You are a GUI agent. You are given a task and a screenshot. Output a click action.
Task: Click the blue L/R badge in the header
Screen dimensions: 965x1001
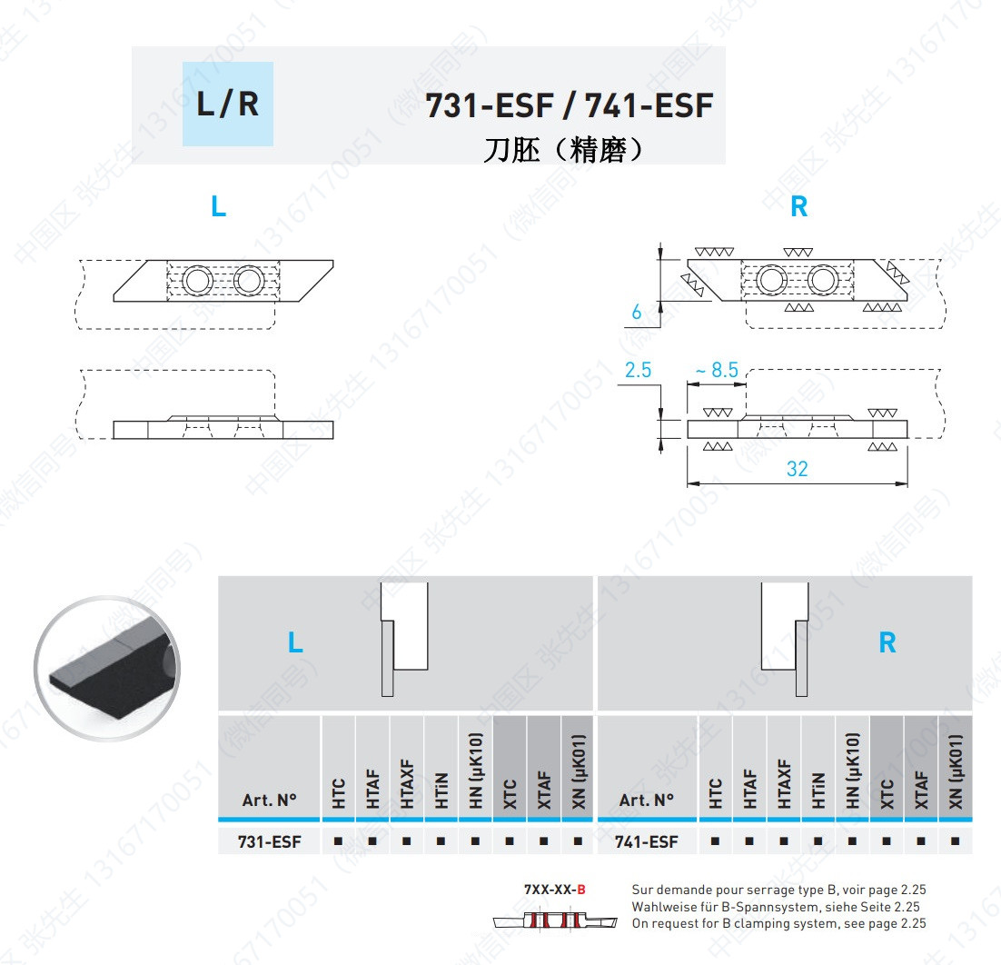(227, 104)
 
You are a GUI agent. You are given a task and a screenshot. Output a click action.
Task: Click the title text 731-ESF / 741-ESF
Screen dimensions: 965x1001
(570, 106)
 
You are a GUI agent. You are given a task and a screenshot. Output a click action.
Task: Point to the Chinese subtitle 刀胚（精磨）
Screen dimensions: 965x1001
(564, 149)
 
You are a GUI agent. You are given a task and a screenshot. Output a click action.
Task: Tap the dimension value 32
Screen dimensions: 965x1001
(797, 469)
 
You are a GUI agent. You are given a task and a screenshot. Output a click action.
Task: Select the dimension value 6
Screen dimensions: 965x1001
(636, 313)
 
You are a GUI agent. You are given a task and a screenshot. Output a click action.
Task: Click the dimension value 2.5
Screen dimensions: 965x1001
(639, 370)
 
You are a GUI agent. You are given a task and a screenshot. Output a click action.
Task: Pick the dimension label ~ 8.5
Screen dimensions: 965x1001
(716, 370)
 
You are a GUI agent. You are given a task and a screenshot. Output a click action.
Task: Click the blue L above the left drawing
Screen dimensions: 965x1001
(218, 207)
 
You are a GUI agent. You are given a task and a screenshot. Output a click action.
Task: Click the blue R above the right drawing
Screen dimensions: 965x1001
(798, 207)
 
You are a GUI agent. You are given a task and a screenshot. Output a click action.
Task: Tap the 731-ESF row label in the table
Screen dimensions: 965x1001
(269, 841)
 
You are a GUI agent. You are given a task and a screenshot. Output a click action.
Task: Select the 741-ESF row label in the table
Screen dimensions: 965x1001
(646, 841)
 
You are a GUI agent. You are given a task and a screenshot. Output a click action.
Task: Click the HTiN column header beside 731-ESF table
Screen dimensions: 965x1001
(441, 790)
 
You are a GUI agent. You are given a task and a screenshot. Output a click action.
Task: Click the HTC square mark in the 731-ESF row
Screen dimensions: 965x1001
(338, 841)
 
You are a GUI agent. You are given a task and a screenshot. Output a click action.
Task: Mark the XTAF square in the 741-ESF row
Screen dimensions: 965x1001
(920, 841)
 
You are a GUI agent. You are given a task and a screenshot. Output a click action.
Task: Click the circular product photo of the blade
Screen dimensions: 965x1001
(108, 668)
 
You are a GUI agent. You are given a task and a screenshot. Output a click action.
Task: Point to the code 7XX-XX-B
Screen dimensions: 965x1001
(555, 890)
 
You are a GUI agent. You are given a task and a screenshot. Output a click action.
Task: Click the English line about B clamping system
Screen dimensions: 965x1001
(778, 923)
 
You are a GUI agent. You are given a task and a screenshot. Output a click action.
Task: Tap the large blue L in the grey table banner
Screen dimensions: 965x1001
(295, 643)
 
